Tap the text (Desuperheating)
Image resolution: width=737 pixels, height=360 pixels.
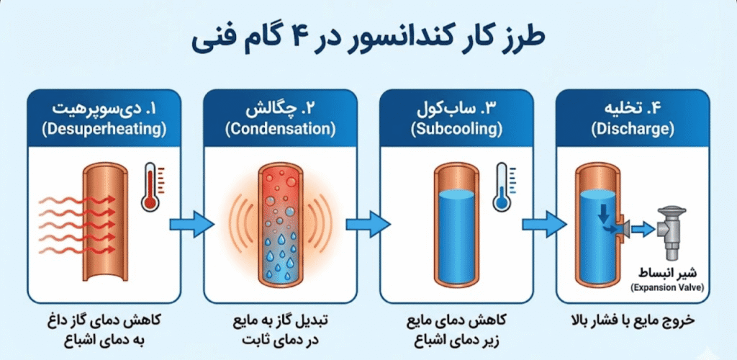pos(104,130)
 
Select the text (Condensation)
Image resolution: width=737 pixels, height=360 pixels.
pos(280,130)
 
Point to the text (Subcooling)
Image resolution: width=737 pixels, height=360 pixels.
pos(456,130)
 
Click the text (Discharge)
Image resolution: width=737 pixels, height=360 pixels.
pos(633,130)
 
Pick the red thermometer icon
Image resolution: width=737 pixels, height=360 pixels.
pos(150,186)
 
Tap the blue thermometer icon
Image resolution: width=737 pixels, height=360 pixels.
pos(502,186)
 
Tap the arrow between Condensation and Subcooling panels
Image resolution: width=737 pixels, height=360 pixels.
pos(366,225)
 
